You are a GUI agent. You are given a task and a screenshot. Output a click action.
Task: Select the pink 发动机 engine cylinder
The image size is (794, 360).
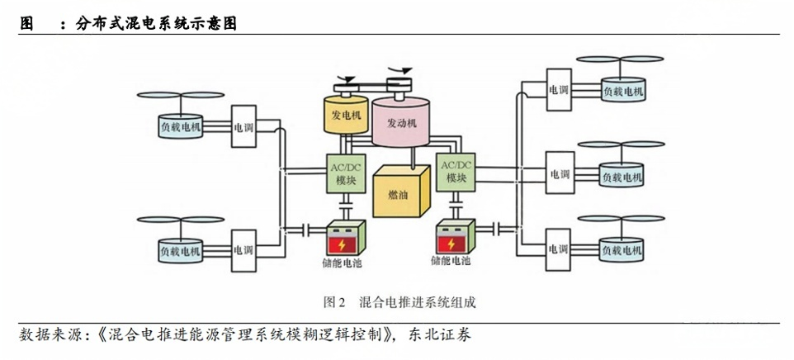pos(402,123)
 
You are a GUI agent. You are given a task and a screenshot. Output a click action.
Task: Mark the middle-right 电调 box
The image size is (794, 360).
pos(559,174)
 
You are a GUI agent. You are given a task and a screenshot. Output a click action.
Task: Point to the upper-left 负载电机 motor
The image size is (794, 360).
pos(180,126)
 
